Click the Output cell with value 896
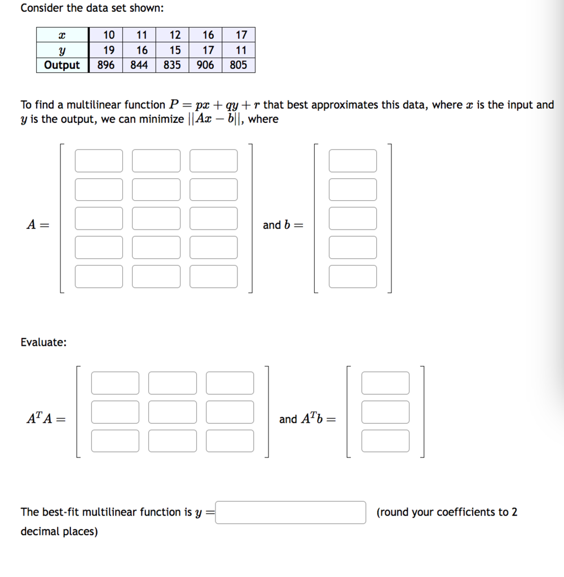105,65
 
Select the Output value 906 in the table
205,65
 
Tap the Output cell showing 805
239,65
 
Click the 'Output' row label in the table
62,65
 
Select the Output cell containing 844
139,65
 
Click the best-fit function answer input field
290,513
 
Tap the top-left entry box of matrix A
99,161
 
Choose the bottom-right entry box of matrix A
213,276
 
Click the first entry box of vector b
353,161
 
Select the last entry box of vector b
353,276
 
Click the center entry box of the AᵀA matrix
173,412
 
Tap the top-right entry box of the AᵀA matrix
230,383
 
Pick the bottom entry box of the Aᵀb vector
385,441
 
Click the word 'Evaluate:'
43,342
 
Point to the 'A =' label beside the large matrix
37,224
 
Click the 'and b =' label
283,225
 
